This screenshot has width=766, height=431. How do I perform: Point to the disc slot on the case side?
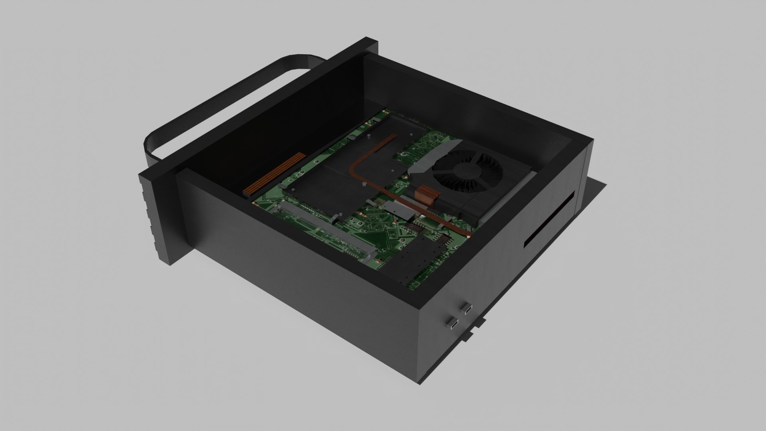point(549,219)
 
